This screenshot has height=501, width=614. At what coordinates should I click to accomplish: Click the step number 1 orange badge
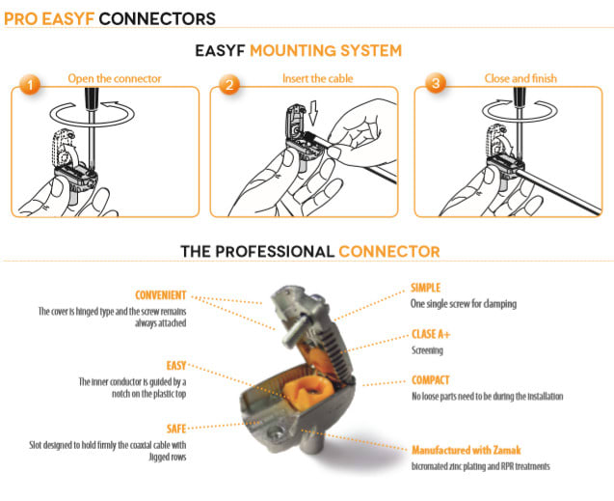click(29, 86)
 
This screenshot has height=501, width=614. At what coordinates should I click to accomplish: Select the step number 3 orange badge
click(435, 86)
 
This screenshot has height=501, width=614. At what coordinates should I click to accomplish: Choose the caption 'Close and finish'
click(521, 78)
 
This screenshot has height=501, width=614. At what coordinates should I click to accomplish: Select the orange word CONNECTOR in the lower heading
click(388, 252)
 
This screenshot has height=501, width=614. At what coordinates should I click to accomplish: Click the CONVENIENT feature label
click(160, 295)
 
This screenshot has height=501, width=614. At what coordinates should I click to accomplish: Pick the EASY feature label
click(173, 367)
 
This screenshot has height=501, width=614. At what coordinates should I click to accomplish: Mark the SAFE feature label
click(173, 428)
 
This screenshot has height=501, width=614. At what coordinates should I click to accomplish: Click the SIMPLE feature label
click(431, 288)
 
